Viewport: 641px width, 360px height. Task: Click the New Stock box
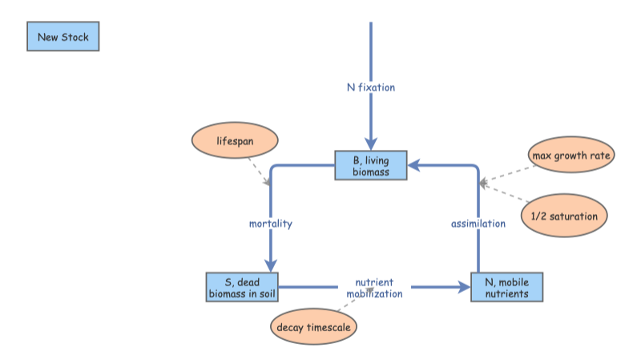[63, 37]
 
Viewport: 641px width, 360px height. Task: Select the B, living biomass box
[370, 166]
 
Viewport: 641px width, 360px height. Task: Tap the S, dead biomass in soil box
[243, 287]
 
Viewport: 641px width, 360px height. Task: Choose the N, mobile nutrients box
[506, 287]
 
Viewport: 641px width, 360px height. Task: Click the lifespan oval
[234, 141]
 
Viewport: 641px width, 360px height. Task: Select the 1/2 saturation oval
[564, 216]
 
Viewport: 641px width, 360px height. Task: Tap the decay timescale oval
[313, 327]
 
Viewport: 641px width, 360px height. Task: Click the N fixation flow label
[370, 87]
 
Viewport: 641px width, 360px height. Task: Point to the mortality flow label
[270, 224]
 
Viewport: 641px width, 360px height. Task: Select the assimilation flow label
[478, 224]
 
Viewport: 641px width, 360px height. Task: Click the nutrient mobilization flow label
[374, 288]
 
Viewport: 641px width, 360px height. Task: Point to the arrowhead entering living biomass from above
[370, 144]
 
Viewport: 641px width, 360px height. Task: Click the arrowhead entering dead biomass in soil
[271, 265]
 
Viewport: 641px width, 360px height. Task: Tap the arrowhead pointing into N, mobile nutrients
[464, 287]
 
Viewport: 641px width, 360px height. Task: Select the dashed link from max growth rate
[507, 175]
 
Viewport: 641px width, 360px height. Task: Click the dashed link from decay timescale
[353, 307]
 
